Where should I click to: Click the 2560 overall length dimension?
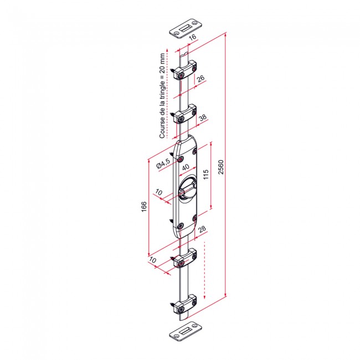tap(220, 167)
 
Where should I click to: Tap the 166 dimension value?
tap(144, 207)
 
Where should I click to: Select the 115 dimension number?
tap(205, 174)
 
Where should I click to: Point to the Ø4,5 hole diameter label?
tap(163, 163)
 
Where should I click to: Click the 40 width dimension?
tap(186, 167)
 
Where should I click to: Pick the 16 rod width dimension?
tap(193, 37)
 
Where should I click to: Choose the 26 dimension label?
tap(200, 78)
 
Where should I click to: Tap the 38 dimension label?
tap(203, 117)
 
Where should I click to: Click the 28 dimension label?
tap(202, 229)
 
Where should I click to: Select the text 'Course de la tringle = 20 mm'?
tap(162, 96)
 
